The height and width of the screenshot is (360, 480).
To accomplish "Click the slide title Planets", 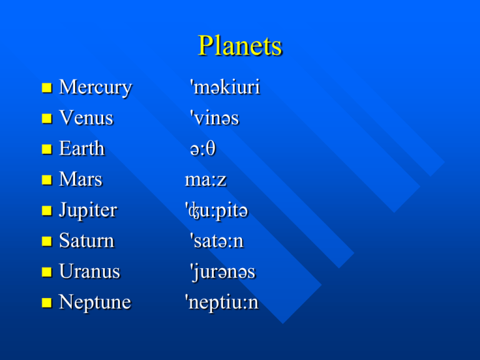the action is tap(240, 45).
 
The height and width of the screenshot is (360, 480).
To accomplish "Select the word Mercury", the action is tap(95, 88).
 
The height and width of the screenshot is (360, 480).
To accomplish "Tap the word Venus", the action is tap(86, 117).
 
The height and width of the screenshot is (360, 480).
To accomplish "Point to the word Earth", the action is tap(82, 148).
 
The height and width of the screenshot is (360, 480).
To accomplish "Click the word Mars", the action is tap(81, 179).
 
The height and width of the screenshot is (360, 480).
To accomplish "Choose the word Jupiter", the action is tap(88, 211).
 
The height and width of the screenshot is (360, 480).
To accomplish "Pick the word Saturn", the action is tap(87, 240).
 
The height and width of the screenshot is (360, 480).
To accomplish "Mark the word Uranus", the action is tap(89, 271).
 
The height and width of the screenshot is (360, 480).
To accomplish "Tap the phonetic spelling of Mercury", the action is tap(225, 87).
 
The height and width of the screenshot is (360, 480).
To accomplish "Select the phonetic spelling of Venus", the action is tap(214, 117).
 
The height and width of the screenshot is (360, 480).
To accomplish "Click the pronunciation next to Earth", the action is tap(202, 149).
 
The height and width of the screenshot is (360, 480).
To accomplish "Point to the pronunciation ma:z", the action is tap(206, 180).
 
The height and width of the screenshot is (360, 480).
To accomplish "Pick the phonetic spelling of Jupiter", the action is tap(216, 211).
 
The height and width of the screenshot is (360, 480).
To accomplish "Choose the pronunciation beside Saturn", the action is tap(217, 240).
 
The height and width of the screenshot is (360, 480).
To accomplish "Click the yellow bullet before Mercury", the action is tap(47, 88).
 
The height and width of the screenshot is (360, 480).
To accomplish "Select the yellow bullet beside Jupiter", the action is tap(47, 211).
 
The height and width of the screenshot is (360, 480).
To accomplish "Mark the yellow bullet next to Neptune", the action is tap(47, 302).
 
